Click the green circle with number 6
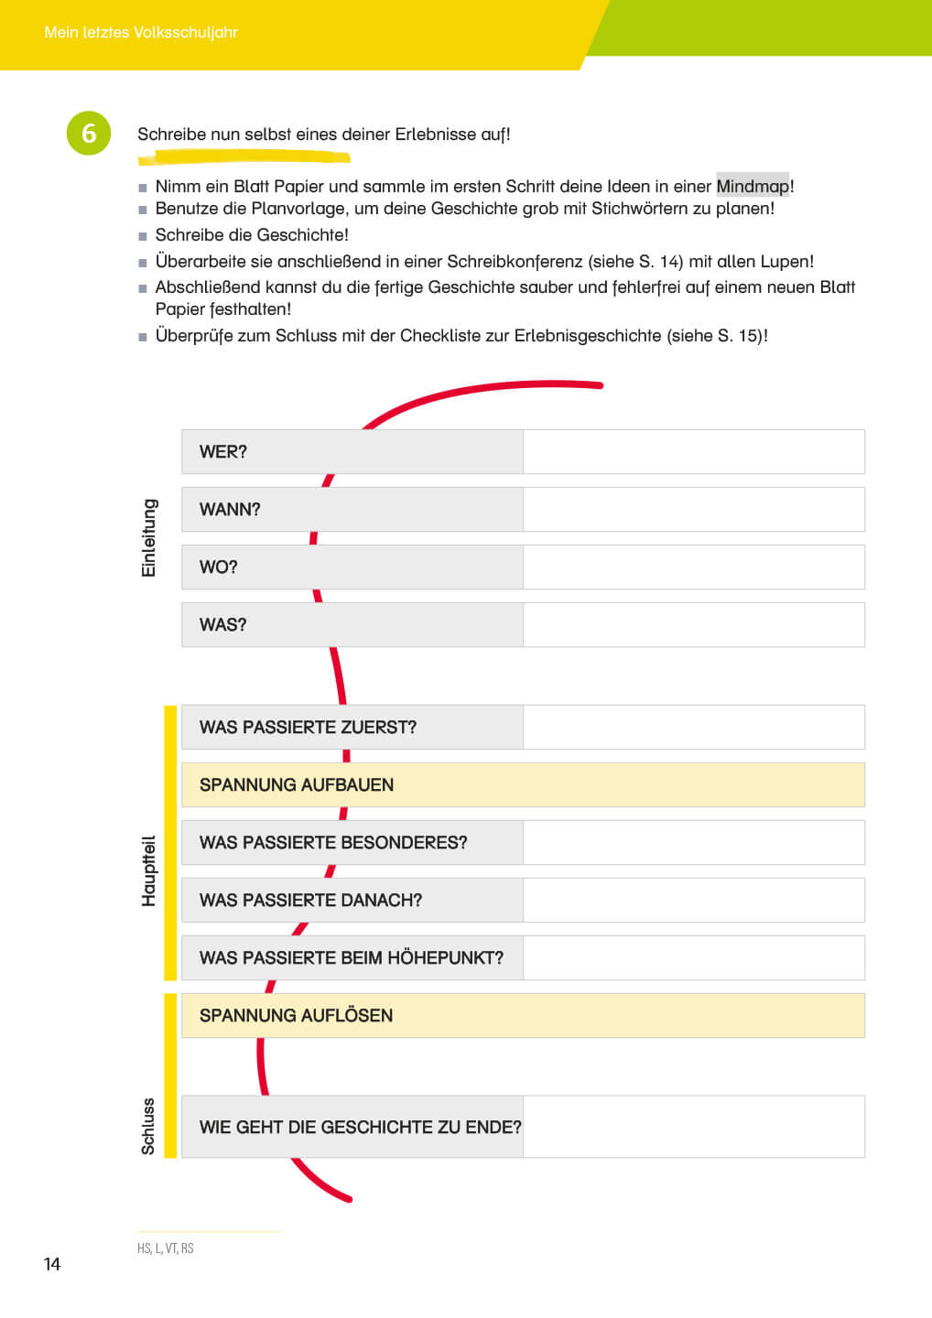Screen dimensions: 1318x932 [89, 134]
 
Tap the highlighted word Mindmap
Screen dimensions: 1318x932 [752, 186]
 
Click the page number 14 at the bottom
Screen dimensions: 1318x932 [52, 1264]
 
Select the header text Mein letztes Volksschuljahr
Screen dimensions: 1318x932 [141, 32]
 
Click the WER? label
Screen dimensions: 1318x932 [223, 451]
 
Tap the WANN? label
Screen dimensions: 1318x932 [230, 509]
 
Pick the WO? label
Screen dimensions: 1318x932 [219, 567]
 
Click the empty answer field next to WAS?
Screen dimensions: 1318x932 [694, 624]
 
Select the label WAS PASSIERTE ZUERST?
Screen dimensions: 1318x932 [308, 727]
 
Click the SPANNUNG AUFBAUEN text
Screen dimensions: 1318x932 [297, 784]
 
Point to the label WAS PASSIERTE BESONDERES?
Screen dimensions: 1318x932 [333, 842]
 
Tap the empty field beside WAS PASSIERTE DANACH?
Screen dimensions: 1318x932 [694, 900]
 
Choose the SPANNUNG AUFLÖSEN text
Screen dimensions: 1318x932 [296, 1015]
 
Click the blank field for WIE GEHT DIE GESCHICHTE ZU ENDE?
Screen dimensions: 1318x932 [694, 1127]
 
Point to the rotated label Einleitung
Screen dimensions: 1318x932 [148, 537]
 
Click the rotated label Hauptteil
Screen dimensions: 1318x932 [148, 870]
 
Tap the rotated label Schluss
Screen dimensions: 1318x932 [148, 1126]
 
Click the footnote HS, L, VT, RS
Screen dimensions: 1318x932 [166, 1248]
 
